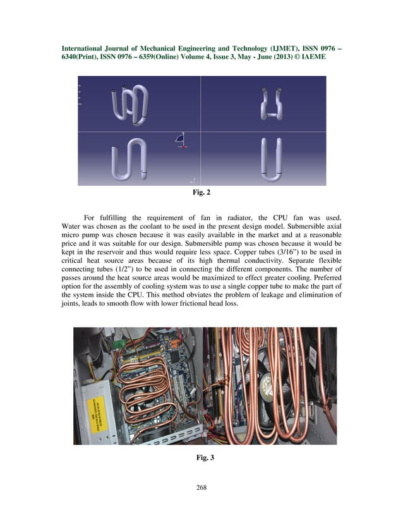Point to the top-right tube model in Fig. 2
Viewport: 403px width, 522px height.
pyautogui.click(x=271, y=105)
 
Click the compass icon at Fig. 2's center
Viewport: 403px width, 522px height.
pyautogui.click(x=182, y=140)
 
